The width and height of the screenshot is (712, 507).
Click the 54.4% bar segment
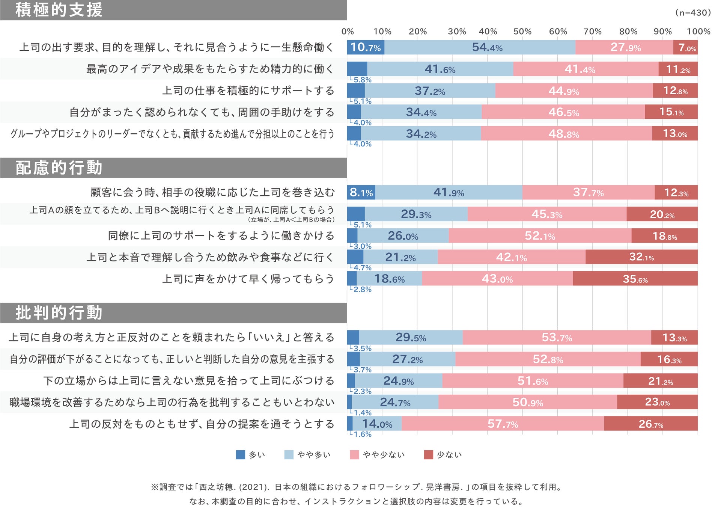point(480,47)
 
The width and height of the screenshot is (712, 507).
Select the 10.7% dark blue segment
point(365,47)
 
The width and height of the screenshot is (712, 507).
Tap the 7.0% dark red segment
point(685,47)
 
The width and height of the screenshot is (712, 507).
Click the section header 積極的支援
point(59,10)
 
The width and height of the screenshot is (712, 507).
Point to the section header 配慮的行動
point(59,167)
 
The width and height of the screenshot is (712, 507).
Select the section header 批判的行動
point(59,313)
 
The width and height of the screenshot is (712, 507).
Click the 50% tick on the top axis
point(522,32)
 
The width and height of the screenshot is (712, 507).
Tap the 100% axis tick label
point(698,32)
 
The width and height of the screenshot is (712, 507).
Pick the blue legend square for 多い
point(240,455)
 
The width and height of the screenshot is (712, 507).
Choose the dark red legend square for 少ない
point(428,455)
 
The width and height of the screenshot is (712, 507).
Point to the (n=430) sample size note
point(692,13)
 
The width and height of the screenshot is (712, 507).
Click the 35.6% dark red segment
point(635,279)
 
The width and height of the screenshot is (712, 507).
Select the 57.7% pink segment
point(503,424)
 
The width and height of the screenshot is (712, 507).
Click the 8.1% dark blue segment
point(361,192)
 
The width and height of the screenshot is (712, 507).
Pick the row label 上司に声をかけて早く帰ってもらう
point(248,279)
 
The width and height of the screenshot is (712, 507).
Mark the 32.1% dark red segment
point(641,257)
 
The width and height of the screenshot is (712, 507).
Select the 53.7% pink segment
point(557,337)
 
